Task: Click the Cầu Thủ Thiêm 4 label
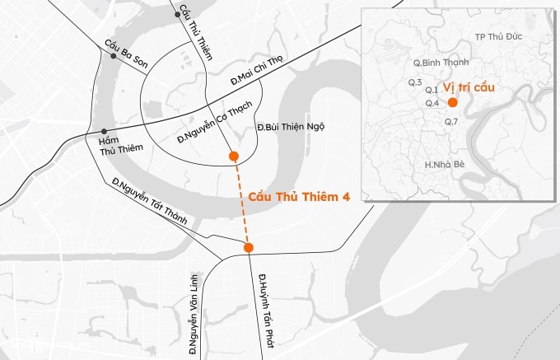[x=299, y=198]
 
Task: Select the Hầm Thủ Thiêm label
[x=112, y=145]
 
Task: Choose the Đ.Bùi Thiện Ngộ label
[x=291, y=127]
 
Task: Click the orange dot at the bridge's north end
[x=235, y=157]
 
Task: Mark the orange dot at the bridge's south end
[x=249, y=247]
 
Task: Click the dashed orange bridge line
[x=241, y=202]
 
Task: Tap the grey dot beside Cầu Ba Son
[x=111, y=55]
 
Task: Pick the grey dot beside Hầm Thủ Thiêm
[x=104, y=132]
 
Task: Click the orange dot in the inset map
[x=452, y=102]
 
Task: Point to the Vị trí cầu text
[x=469, y=86]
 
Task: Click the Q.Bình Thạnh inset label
[x=441, y=63]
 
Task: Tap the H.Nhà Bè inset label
[x=445, y=165]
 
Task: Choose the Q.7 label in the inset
[x=450, y=122]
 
